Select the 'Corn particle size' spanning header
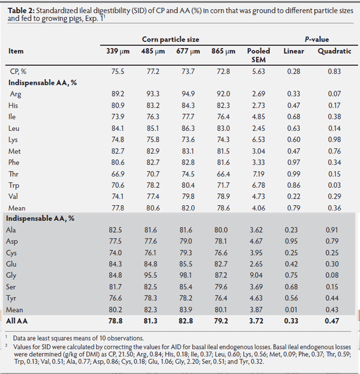(x=170, y=39)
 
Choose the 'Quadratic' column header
(x=334, y=52)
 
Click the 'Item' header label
(x=16, y=52)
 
